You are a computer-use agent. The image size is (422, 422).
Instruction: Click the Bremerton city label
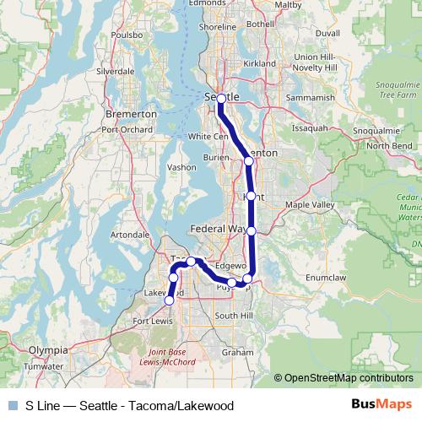(x=130, y=112)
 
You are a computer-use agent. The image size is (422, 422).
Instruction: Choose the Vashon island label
(x=181, y=167)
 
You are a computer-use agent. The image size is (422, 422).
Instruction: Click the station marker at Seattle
(x=221, y=99)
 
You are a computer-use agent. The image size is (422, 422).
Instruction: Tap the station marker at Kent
(x=251, y=196)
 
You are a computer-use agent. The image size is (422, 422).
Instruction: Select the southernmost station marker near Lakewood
(x=169, y=300)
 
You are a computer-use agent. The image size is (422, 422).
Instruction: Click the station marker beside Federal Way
(x=251, y=230)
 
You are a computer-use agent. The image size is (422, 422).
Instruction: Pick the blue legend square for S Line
(x=14, y=405)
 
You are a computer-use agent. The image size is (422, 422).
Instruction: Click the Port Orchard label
(x=127, y=130)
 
